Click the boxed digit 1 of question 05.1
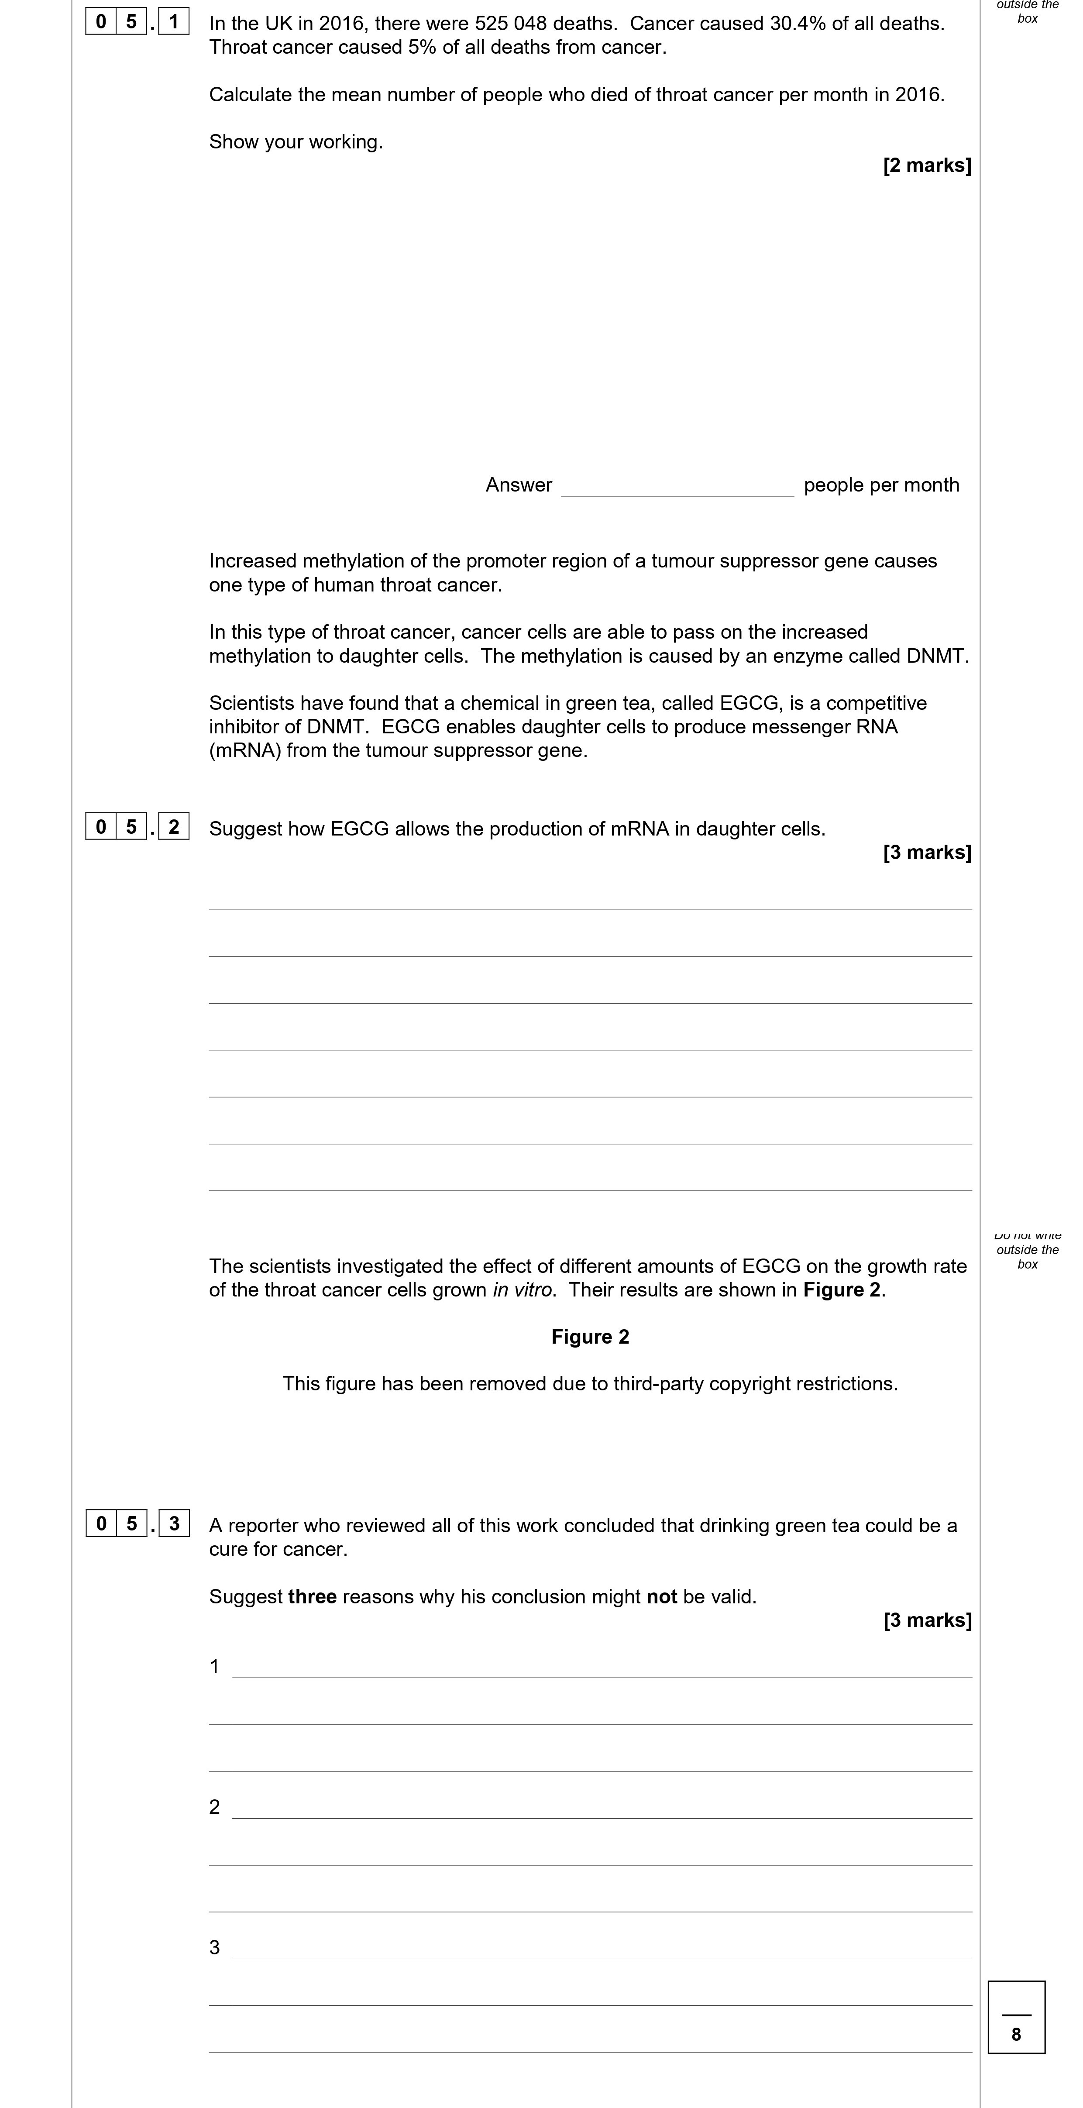click(174, 21)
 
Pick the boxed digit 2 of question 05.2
click(174, 826)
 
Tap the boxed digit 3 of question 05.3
click(174, 1524)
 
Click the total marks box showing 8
click(1016, 2017)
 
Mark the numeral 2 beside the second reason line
click(214, 1807)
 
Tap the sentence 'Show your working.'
click(296, 142)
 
